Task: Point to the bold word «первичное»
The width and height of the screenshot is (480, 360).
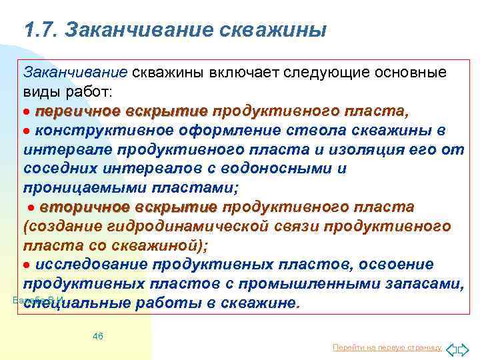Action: pos(77,110)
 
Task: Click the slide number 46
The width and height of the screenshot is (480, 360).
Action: pos(98,336)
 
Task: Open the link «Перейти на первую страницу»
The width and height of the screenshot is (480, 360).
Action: pos(387,347)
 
